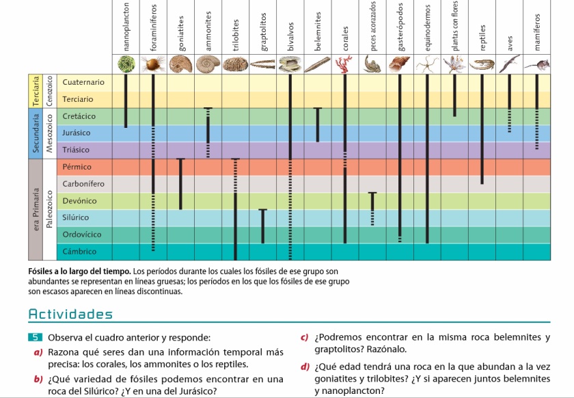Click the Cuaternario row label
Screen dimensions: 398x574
(83, 82)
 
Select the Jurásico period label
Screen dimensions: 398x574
(77, 133)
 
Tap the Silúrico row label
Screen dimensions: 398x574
(76, 217)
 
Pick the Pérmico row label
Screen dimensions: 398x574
(77, 167)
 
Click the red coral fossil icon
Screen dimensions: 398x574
(345, 64)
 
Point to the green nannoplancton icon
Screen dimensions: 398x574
(125, 65)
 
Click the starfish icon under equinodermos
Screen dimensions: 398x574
(427, 64)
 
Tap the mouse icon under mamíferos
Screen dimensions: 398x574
(537, 65)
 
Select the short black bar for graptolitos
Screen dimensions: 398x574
(262, 226)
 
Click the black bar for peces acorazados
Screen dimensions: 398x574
(372, 202)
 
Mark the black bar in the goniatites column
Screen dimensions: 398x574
(180, 183)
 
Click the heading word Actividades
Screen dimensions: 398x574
(70, 315)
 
